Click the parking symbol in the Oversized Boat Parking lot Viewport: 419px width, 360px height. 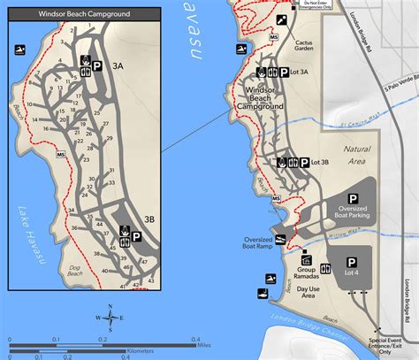coord(354,199)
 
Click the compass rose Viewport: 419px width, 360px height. coord(110,318)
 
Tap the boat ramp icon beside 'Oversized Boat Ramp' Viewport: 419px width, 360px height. coord(280,239)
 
